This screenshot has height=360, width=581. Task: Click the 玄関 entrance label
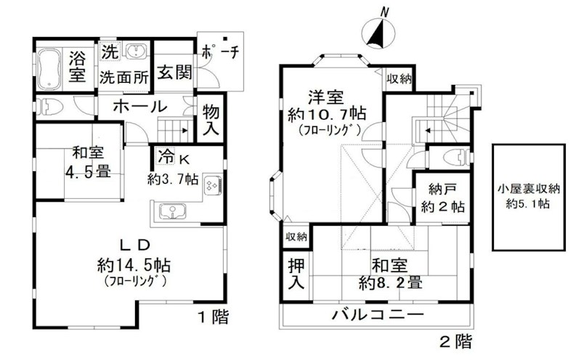(172, 73)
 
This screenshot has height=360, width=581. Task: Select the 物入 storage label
(211, 120)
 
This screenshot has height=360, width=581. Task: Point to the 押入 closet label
(295, 273)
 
